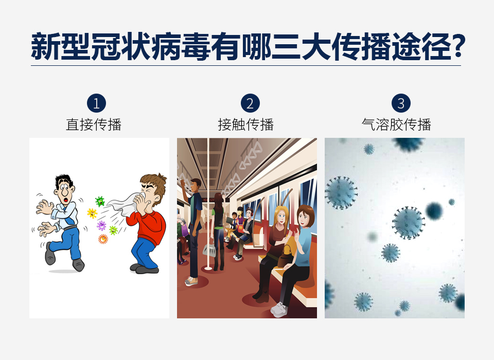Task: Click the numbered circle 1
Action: [x=96, y=103]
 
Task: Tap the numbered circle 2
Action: [x=250, y=103]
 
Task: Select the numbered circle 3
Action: [x=401, y=103]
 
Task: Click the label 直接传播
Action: [x=94, y=125]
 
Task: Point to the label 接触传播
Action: [x=246, y=125]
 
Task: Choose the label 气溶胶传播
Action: [x=396, y=125]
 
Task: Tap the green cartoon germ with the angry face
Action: [x=100, y=201]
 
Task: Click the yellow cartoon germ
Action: [x=92, y=213]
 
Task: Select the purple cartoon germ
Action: [x=101, y=225]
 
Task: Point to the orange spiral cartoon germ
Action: [x=103, y=239]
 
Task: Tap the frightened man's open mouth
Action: [x=66, y=200]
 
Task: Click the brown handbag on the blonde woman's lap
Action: [x=286, y=256]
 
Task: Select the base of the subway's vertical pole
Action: [x=208, y=268]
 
